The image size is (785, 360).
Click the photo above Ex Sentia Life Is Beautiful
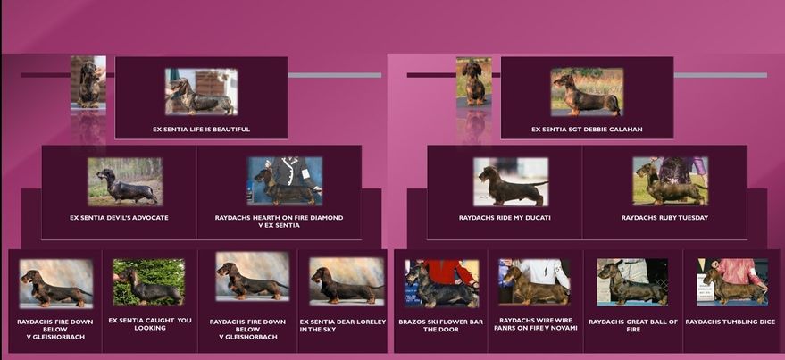[201, 92]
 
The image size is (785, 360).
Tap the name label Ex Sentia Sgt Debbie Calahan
[587, 130]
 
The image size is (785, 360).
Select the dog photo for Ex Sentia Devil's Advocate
[125, 181]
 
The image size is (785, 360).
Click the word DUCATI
[538, 218]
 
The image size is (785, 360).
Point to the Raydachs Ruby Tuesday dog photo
[671, 180]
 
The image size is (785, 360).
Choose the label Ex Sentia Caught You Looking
[150, 324]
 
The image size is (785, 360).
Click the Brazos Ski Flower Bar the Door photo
[441, 283]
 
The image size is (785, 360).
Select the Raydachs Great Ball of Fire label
[633, 325]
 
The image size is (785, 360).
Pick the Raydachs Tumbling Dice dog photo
[732, 281]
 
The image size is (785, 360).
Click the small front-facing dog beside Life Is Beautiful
[88, 82]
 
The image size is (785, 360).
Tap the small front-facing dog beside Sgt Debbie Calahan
[473, 82]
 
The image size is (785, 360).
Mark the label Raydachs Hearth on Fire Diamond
[279, 222]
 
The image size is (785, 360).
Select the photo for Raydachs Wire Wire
[534, 281]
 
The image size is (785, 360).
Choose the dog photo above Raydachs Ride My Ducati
[511, 181]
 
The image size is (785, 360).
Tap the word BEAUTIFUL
[231, 130]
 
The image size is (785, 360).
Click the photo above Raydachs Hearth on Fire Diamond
[284, 180]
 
